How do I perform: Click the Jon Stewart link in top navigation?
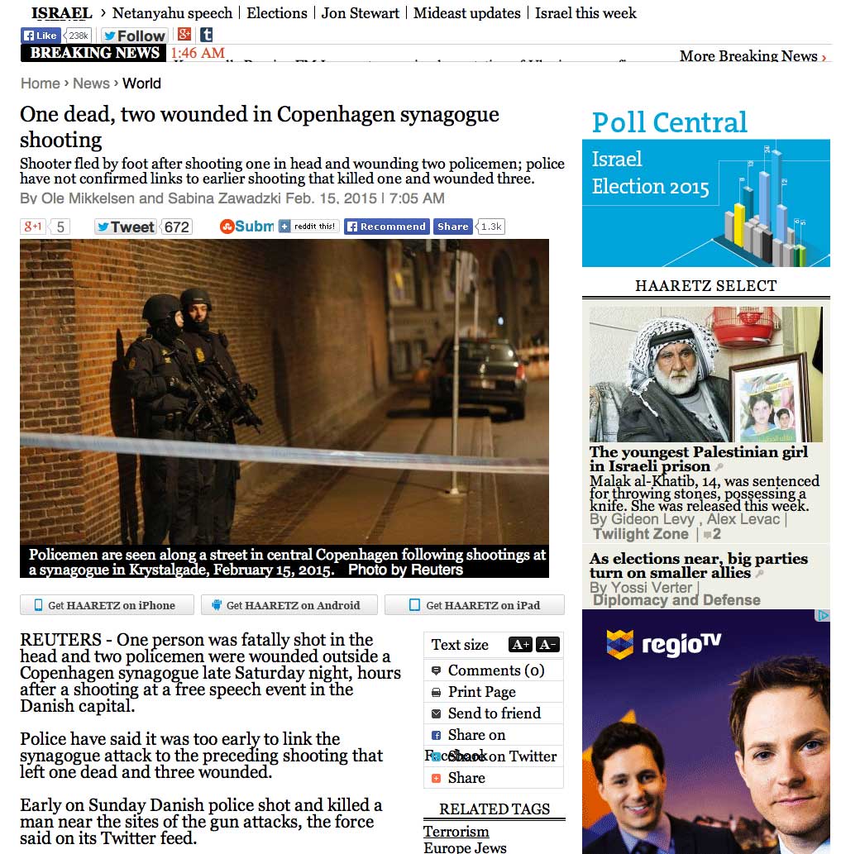360,13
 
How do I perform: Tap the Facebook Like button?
41,36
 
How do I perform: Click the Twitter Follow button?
134,36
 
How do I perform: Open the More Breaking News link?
753,56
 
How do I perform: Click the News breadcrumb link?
91,83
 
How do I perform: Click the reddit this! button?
308,227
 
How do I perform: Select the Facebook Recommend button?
386,227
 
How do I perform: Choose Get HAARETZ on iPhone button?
107,605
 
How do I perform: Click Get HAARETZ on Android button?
289,605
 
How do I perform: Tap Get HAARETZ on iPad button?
475,605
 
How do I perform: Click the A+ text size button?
520,645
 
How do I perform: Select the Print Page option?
481,692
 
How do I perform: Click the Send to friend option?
494,713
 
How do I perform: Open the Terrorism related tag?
456,832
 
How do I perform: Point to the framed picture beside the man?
767,399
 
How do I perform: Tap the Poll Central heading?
669,122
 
